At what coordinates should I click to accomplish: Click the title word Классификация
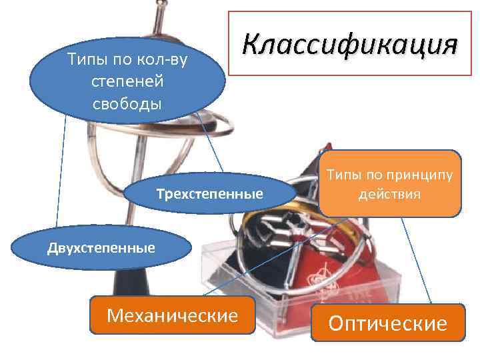(350, 45)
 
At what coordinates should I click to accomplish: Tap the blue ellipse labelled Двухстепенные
(101, 249)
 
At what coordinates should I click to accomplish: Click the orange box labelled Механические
(173, 315)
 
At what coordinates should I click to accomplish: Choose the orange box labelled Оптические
(387, 323)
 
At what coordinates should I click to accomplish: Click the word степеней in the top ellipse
(127, 81)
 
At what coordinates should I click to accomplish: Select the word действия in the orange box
(389, 195)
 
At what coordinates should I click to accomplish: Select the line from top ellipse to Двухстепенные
(61, 173)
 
